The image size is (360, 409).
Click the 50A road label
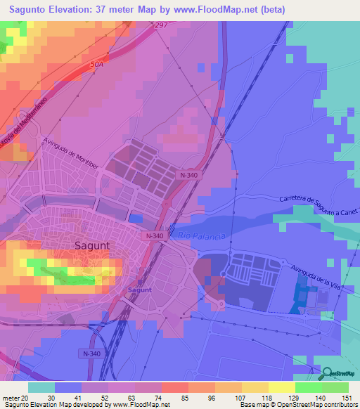click(97, 64)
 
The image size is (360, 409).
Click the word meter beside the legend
click(9, 398)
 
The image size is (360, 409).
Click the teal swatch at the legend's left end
click(41, 387)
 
